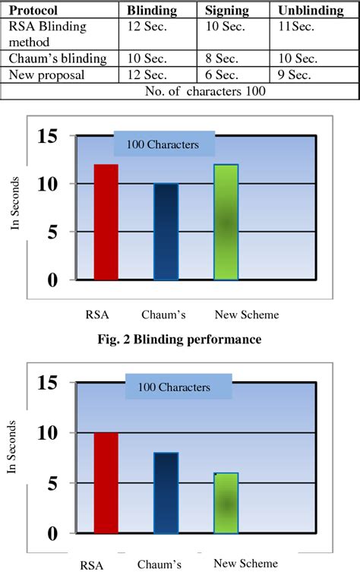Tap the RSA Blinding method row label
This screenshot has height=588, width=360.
click(48, 33)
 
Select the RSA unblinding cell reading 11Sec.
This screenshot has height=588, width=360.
click(298, 27)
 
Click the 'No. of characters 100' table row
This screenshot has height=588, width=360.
click(180, 90)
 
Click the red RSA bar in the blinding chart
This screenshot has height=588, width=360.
click(106, 222)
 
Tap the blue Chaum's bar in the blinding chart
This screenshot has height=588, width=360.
click(166, 232)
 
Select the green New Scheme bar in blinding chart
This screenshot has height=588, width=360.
click(226, 222)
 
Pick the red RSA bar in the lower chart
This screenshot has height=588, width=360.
click(106, 482)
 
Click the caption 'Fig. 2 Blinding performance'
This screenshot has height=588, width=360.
click(180, 340)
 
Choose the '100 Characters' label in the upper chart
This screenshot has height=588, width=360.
click(163, 144)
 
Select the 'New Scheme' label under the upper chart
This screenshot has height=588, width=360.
click(247, 315)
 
